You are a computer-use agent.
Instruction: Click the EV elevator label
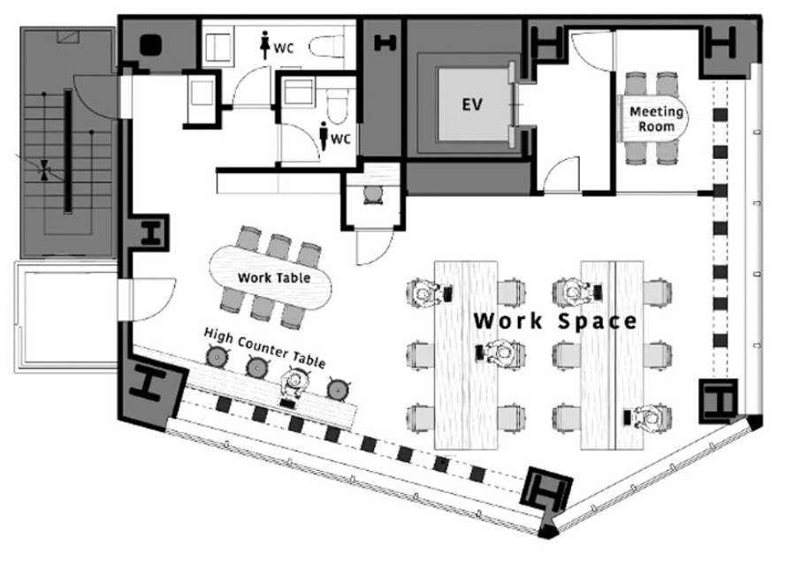click(472, 104)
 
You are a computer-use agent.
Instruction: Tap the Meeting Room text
click(656, 119)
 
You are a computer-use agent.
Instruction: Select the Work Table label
click(274, 277)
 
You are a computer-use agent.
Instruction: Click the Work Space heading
click(554, 321)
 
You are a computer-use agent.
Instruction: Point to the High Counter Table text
click(264, 347)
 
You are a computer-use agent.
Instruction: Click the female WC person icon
click(265, 45)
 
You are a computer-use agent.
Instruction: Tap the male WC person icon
click(324, 136)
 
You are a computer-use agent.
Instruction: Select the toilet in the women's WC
click(326, 47)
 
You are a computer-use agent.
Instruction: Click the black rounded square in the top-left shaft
click(150, 44)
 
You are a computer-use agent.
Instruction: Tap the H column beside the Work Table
click(150, 233)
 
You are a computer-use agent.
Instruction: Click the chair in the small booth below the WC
click(372, 194)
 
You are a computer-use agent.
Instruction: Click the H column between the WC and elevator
click(385, 43)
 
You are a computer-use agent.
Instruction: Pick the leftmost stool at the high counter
click(217, 356)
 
